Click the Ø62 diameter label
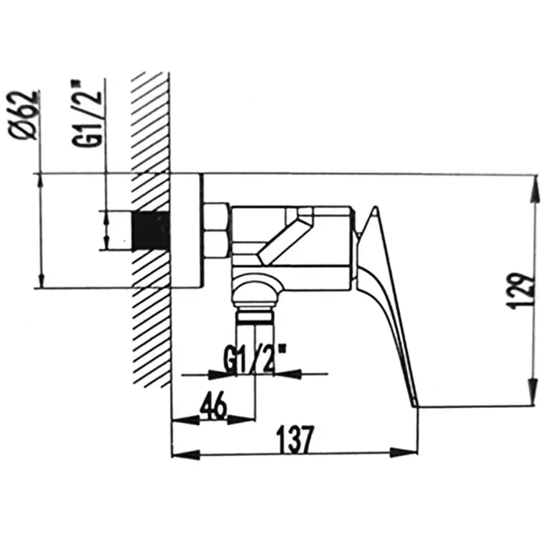24,116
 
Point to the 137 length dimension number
295,440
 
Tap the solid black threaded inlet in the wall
151,231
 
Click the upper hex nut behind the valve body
217,217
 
